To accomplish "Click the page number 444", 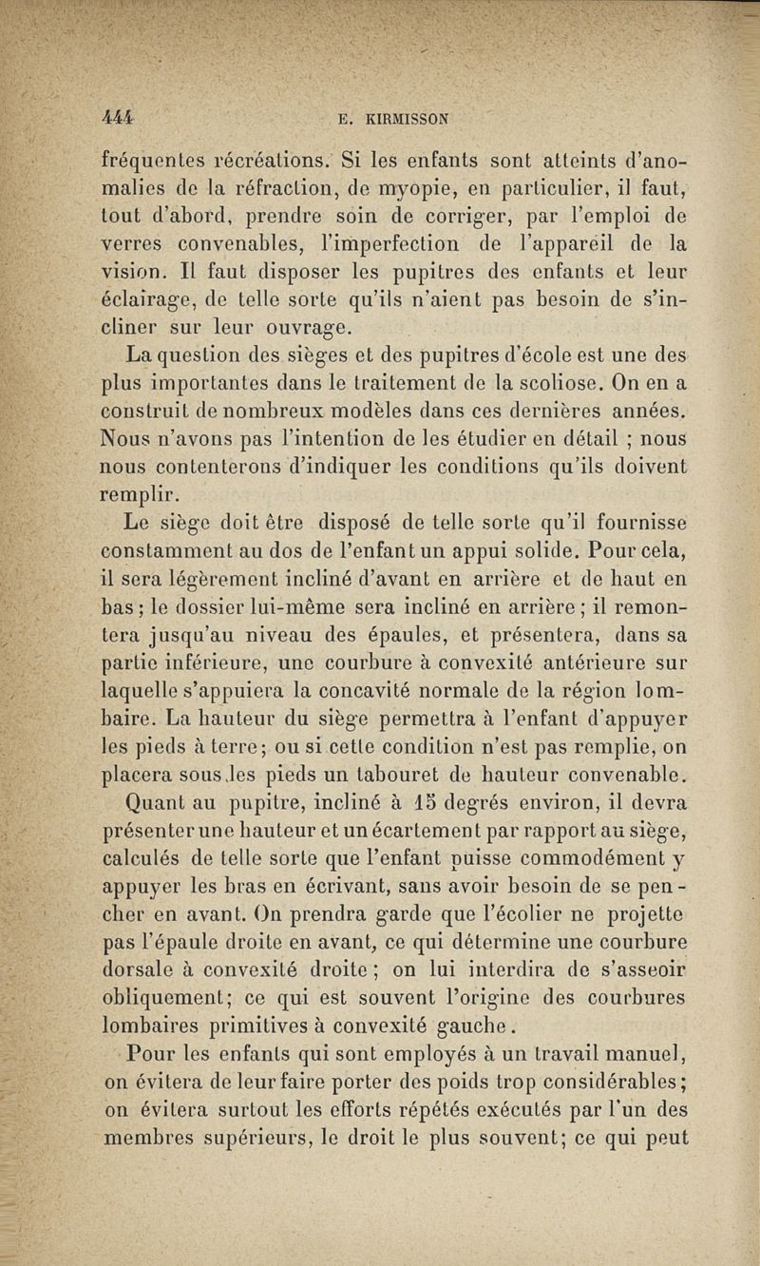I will (x=118, y=120).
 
